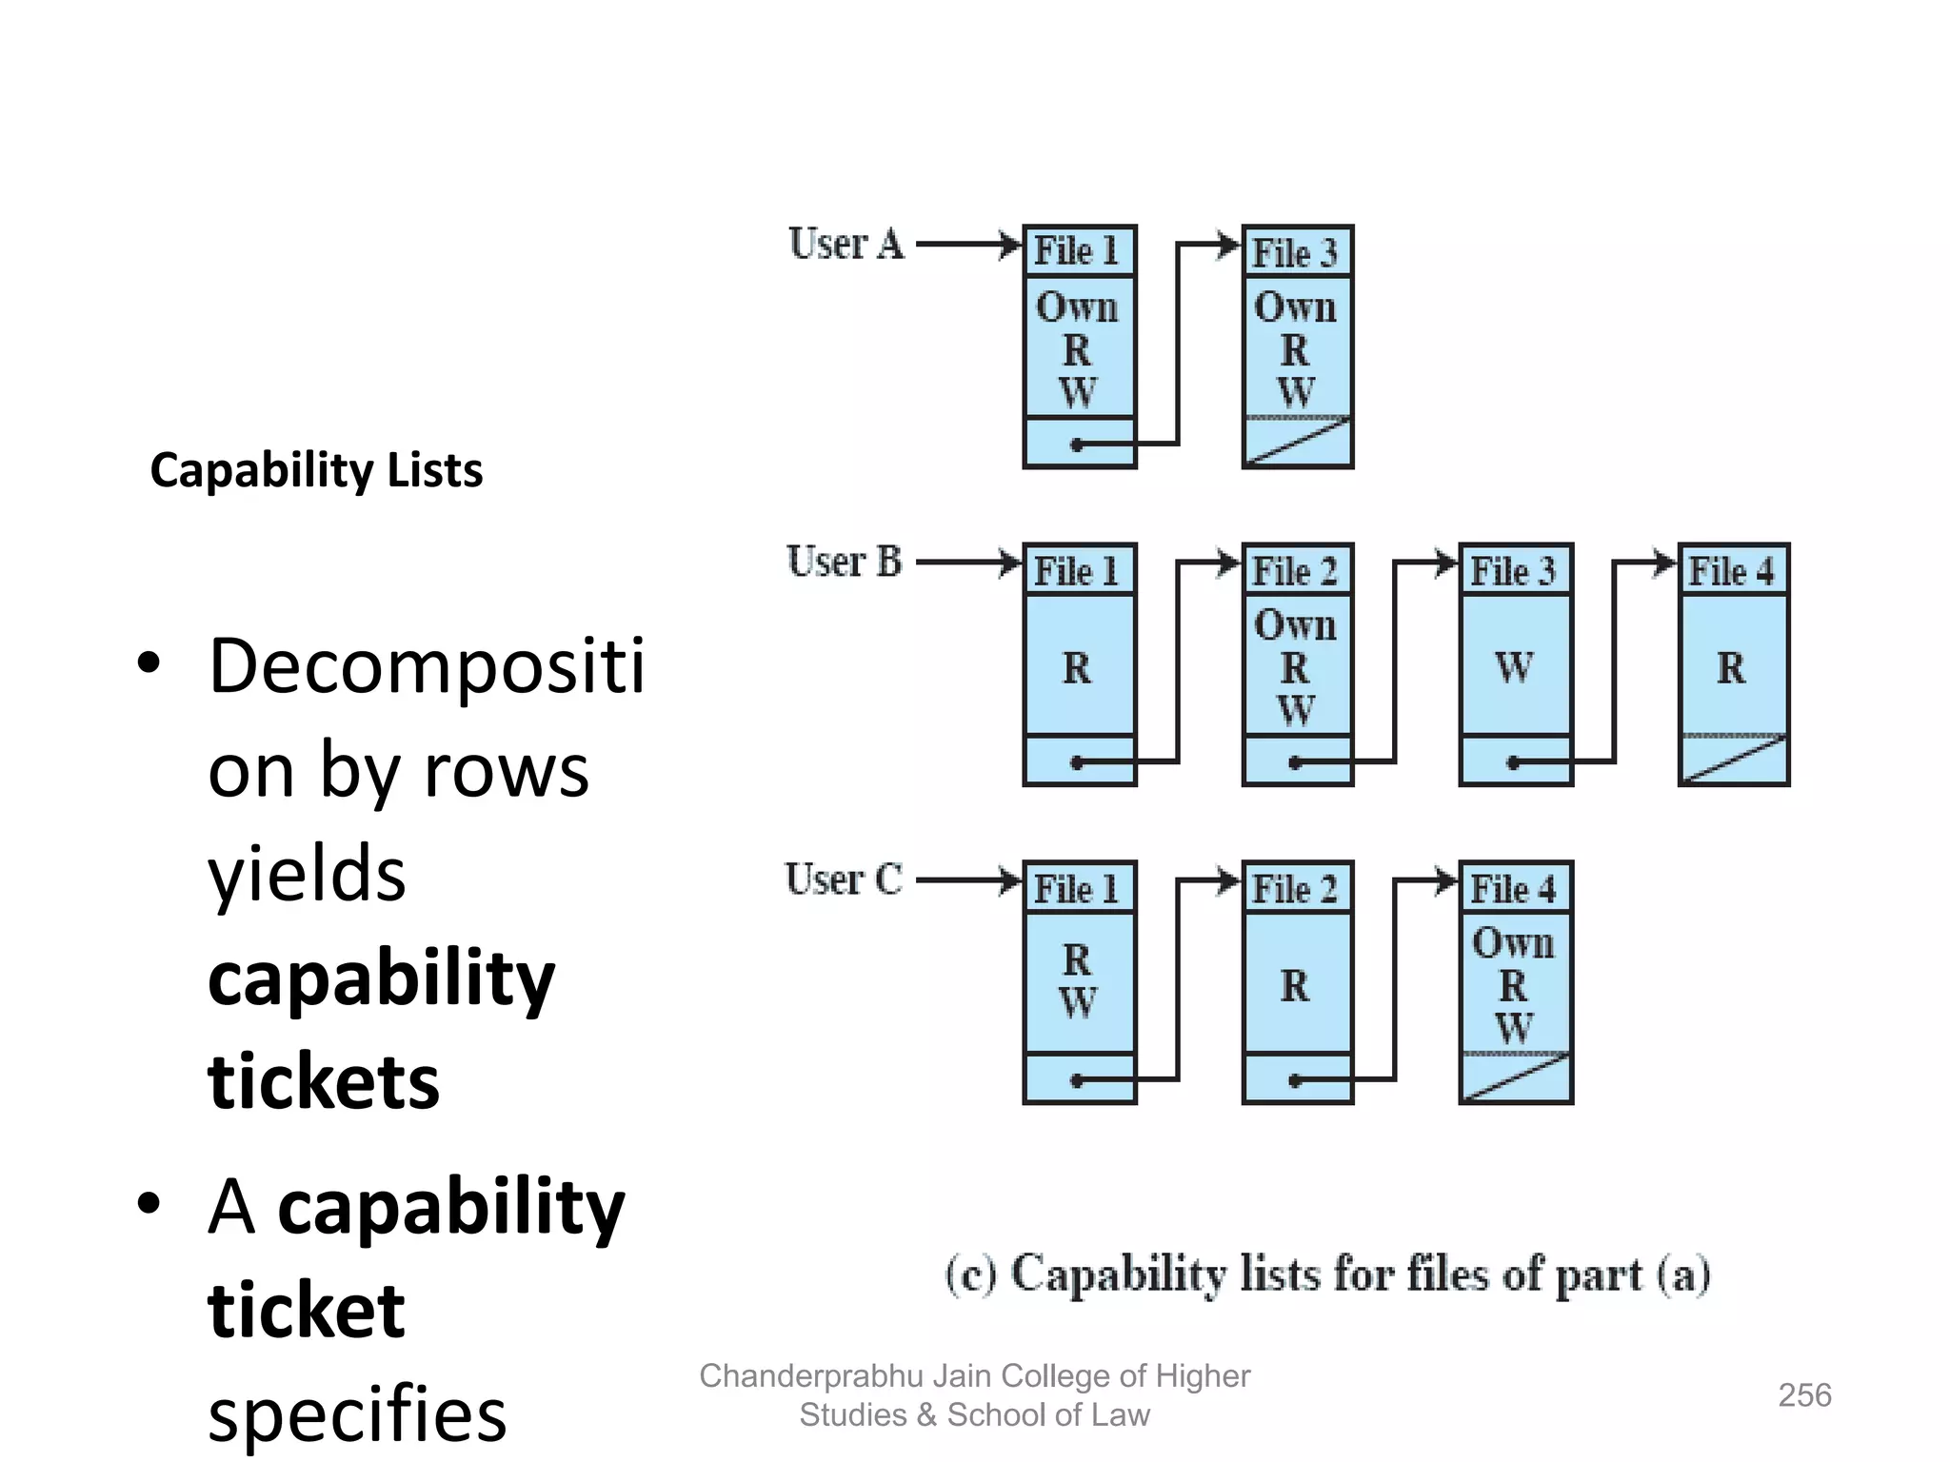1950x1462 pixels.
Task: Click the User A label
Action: pyautogui.click(x=846, y=245)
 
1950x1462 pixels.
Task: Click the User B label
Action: pyautogui.click(x=844, y=562)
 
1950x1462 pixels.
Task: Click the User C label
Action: pyautogui.click(x=843, y=879)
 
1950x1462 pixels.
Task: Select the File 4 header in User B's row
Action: pyautogui.click(x=1732, y=571)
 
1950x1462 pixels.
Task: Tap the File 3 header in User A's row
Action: pyautogui.click(x=1296, y=253)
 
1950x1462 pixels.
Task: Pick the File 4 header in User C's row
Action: pyautogui.click(x=1514, y=889)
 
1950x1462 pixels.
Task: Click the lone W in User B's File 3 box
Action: pyautogui.click(x=1514, y=666)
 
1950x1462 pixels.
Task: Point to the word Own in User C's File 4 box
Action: pyautogui.click(x=1513, y=942)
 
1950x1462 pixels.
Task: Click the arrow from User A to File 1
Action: pyautogui.click(x=966, y=245)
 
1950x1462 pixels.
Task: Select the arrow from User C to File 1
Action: pyautogui.click(x=966, y=880)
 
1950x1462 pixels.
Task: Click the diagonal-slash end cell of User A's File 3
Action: pyautogui.click(x=1297, y=442)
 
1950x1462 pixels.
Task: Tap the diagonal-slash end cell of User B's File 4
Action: pyautogui.click(x=1733, y=760)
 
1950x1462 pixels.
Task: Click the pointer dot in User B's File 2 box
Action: pyautogui.click(x=1295, y=762)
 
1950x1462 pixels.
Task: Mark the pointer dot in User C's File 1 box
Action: pyautogui.click(x=1077, y=1080)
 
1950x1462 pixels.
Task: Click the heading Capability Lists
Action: pyautogui.click(x=316, y=470)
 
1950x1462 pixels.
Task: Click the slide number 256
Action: pyautogui.click(x=1803, y=1395)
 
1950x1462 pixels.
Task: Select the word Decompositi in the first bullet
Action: pyautogui.click(x=427, y=666)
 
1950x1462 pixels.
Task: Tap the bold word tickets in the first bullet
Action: pyautogui.click(x=324, y=1081)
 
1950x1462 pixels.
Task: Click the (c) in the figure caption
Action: pyautogui.click(x=970, y=1274)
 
